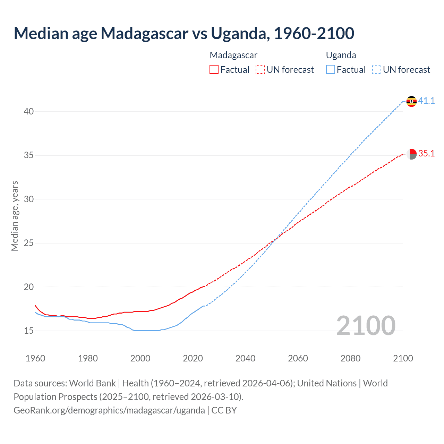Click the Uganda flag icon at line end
411,101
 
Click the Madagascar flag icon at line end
411,154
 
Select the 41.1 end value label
426,101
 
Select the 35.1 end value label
426,154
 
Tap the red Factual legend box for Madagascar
214,70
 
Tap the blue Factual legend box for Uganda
330,70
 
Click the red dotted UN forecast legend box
260,70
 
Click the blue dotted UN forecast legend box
376,70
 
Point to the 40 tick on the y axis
29,111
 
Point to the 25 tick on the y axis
29,243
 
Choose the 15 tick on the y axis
29,331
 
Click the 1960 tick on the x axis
35,358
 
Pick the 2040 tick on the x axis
245,358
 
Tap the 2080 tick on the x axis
350,358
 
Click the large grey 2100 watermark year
366,326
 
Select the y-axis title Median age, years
15,216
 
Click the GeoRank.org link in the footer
109,410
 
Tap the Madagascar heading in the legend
233,55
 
